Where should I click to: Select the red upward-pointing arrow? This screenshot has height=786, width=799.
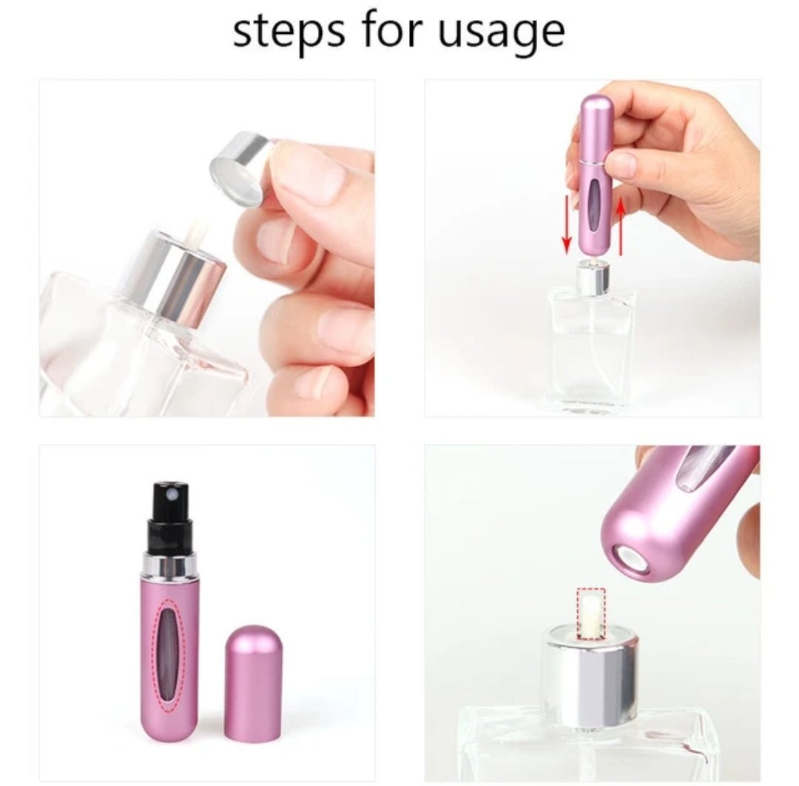click(620, 230)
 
